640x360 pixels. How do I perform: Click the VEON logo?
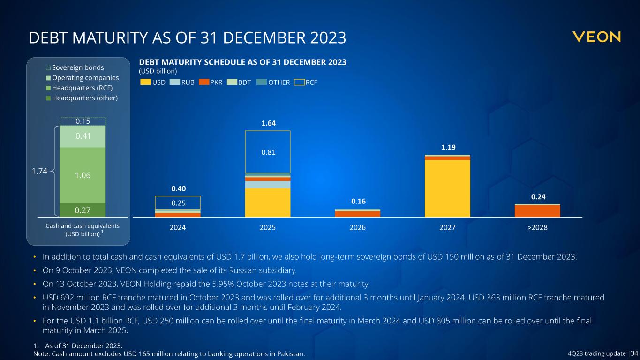coord(596,37)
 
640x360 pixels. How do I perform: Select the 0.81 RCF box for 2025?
coord(268,151)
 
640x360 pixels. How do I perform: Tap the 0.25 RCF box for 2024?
coord(178,202)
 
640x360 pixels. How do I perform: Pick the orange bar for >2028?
coord(537,211)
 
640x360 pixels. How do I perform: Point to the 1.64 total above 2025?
coord(268,123)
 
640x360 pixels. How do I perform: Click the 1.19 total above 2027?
coord(447,147)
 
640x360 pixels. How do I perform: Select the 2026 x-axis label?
coord(358,227)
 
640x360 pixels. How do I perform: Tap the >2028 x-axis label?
coord(537,227)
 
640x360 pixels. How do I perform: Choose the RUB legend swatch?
coord(173,82)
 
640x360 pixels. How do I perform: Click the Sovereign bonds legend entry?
coord(78,67)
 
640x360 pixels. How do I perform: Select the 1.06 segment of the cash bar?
coord(83,175)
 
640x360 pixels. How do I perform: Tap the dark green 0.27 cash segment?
coord(83,210)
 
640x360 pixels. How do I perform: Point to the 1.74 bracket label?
coord(40,172)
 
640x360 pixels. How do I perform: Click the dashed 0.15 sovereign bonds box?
coord(83,121)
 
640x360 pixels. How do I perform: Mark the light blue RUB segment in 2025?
coord(268,185)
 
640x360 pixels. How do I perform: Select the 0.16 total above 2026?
coord(358,202)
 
